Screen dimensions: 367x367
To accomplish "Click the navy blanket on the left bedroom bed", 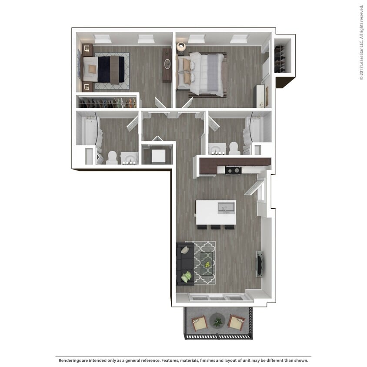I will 104,70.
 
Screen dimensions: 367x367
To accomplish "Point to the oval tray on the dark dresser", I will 167,64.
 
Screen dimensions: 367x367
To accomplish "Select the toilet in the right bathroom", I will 235,148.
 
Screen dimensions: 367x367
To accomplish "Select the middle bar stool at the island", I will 216,227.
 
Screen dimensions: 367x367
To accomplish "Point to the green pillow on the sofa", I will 187,276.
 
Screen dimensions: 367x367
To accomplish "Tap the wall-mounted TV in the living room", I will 260,264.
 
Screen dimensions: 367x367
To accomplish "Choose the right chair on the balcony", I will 236,323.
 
